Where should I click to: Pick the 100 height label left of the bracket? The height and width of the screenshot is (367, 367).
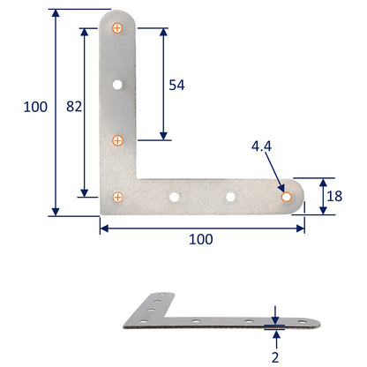(35, 107)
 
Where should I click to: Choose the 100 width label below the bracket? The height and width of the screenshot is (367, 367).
(202, 239)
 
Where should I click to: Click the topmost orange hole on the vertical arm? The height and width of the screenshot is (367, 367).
(118, 29)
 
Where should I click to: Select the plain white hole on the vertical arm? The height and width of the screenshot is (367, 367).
(118, 86)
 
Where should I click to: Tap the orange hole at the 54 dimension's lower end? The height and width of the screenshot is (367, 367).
(118, 140)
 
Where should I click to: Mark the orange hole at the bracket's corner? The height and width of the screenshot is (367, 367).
(118, 196)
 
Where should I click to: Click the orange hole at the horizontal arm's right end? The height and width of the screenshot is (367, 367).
(286, 196)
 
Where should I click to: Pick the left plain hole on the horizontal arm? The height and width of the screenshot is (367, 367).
(175, 196)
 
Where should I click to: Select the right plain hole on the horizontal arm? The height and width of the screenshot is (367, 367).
(230, 196)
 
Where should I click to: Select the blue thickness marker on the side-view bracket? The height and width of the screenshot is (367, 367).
(275, 326)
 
